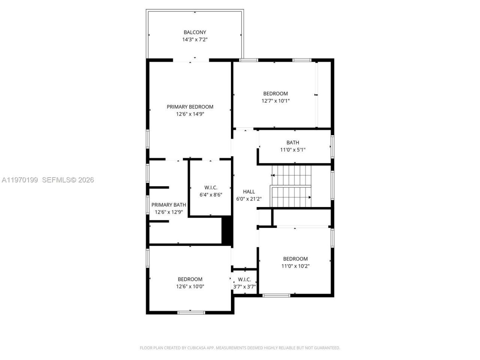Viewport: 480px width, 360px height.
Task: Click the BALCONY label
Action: tap(195, 32)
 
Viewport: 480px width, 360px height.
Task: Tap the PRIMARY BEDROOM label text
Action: tap(190, 107)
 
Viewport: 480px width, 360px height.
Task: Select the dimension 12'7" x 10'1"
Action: tap(275, 101)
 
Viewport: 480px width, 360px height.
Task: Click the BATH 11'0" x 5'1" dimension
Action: tap(292, 150)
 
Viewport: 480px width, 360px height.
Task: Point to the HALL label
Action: tap(249, 192)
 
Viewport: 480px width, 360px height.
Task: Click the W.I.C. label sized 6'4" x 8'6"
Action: tap(210, 187)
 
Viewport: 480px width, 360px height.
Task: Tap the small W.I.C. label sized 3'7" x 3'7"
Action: tap(244, 279)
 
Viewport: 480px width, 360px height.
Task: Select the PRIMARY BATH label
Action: tap(168, 205)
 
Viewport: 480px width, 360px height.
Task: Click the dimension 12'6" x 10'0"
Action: tap(190, 286)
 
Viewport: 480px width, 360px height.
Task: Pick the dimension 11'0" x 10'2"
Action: tap(295, 266)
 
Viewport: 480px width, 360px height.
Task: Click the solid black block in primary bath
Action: tap(226, 231)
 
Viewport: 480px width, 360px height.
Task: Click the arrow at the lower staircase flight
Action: tap(310, 197)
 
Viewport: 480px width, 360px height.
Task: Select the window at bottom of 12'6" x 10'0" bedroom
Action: tap(191, 312)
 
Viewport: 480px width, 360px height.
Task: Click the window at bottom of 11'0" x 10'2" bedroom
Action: tap(276, 295)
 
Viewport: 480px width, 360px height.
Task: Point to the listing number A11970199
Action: tap(20, 180)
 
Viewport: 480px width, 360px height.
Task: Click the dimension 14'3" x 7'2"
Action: tap(195, 39)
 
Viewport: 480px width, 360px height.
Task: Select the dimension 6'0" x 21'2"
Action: tap(249, 199)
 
